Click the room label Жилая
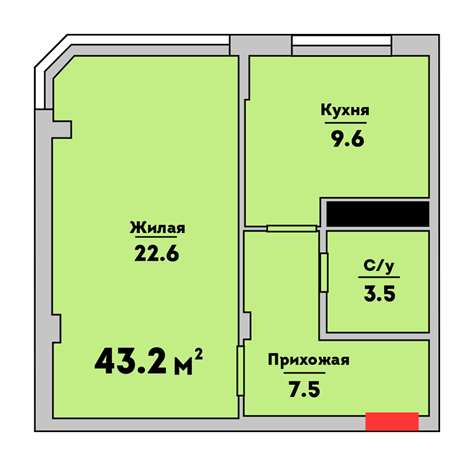[x=158, y=228]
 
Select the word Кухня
[x=345, y=110]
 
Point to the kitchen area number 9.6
[x=348, y=139]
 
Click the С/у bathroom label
[x=379, y=266]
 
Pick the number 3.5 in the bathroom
[x=380, y=294]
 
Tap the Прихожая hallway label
[x=309, y=360]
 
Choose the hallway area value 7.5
[x=305, y=389]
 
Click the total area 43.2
[x=130, y=361]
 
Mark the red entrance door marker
[x=392, y=421]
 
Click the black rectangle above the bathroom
[x=378, y=214]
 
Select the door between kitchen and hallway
[x=292, y=229]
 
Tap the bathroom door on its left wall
[x=324, y=272]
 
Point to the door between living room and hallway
[x=240, y=370]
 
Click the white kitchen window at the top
[x=341, y=41]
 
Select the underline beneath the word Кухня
[x=345, y=123]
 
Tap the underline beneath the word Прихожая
[x=305, y=373]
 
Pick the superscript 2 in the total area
[x=198, y=354]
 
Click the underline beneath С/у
[x=379, y=277]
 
